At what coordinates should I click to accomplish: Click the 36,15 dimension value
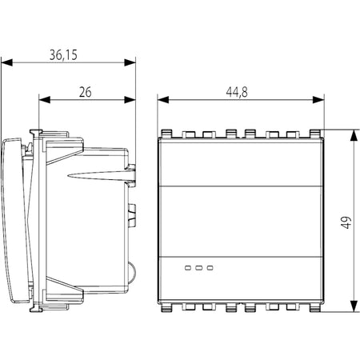click(x=63, y=55)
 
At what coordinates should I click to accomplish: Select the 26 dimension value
click(x=86, y=92)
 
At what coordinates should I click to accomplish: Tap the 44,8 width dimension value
click(x=237, y=92)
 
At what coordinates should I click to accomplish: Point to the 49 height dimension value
click(x=346, y=222)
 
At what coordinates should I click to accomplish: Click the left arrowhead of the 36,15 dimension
click(x=6, y=62)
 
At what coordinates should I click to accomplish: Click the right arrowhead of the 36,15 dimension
click(x=130, y=62)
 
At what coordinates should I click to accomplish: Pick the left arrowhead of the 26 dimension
click(x=45, y=100)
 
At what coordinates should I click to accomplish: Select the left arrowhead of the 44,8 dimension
click(x=163, y=100)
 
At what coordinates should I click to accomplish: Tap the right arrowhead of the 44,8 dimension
click(x=318, y=100)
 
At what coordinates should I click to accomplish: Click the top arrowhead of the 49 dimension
click(x=354, y=135)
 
